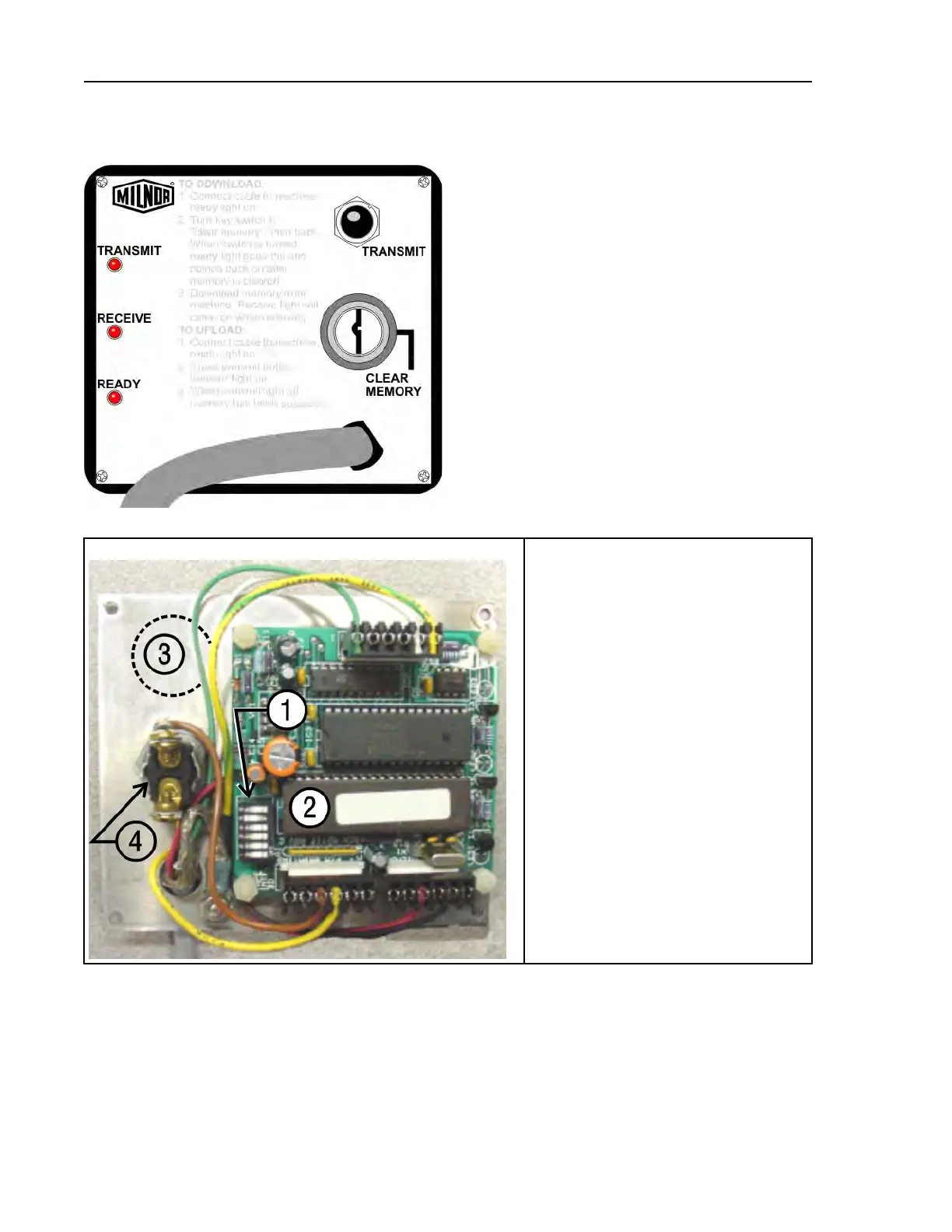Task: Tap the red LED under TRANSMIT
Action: click(114, 264)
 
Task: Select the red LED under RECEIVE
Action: click(114, 332)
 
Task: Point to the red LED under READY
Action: click(114, 398)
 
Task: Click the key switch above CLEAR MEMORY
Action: click(359, 331)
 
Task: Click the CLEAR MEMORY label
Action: click(393, 385)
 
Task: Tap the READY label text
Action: click(119, 384)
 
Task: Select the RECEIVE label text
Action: click(124, 318)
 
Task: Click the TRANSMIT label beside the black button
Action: click(394, 251)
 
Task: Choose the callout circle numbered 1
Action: click(287, 710)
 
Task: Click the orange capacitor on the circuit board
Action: click(279, 755)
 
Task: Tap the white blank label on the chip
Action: click(391, 807)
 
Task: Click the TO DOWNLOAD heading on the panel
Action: click(222, 184)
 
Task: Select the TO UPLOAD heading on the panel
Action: click(212, 330)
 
